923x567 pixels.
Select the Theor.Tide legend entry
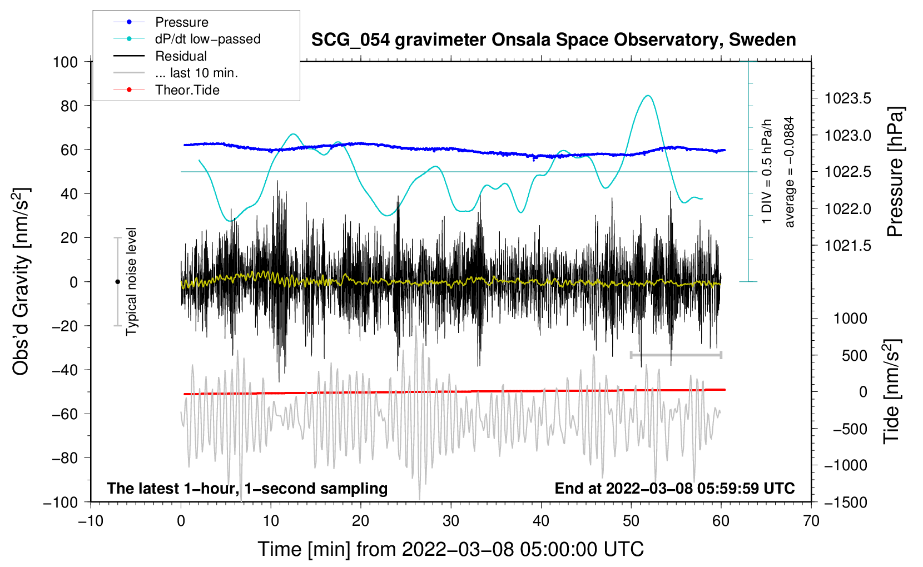187,90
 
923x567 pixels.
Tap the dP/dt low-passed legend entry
207,39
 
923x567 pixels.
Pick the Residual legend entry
181,56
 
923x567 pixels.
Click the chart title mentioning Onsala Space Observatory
553,40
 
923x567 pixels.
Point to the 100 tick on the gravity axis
65,62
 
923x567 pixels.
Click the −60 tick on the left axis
65,414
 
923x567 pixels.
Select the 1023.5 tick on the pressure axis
847,99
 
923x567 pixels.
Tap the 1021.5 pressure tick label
847,246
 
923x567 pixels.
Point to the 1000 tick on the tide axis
850,319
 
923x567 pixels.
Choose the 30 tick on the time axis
451,521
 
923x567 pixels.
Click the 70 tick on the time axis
811,521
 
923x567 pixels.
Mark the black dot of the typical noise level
117,282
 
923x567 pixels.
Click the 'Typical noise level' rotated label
131,281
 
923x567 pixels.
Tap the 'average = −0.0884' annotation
790,172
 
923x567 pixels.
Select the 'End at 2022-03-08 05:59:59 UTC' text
674,489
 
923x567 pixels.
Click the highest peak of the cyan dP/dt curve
647,96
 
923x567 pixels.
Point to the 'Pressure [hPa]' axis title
895,172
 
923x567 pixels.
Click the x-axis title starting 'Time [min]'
451,549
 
